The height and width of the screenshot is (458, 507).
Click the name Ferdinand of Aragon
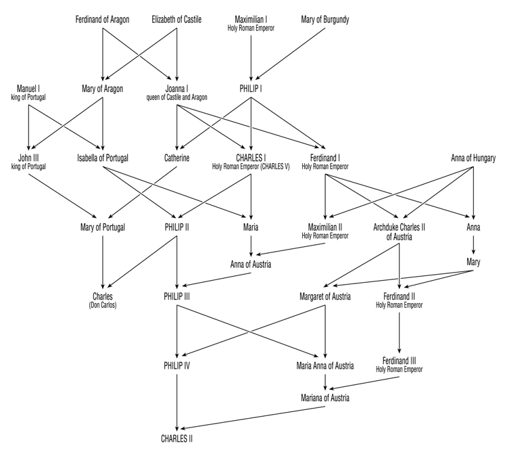pyautogui.click(x=102, y=18)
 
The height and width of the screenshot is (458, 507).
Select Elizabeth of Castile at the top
pyautogui.click(x=177, y=18)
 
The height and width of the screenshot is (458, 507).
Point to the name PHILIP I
pyautogui.click(x=251, y=88)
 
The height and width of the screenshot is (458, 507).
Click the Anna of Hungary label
pyautogui.click(x=473, y=158)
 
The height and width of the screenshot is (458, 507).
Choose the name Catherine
pyautogui.click(x=176, y=158)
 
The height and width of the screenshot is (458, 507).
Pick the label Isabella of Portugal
pyautogui.click(x=103, y=158)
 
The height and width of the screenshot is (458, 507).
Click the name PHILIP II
pyautogui.click(x=176, y=227)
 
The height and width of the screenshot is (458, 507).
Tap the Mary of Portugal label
pyautogui.click(x=102, y=227)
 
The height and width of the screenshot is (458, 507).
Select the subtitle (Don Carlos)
pyautogui.click(x=103, y=304)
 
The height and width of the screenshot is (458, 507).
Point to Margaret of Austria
pyautogui.click(x=325, y=296)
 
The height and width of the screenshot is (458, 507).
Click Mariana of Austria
pyautogui.click(x=325, y=398)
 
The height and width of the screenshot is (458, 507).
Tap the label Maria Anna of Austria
pyautogui.click(x=325, y=366)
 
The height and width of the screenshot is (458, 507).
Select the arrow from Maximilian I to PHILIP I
pyautogui.click(x=251, y=58)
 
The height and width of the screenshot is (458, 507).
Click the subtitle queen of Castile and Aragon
pyautogui.click(x=177, y=97)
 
